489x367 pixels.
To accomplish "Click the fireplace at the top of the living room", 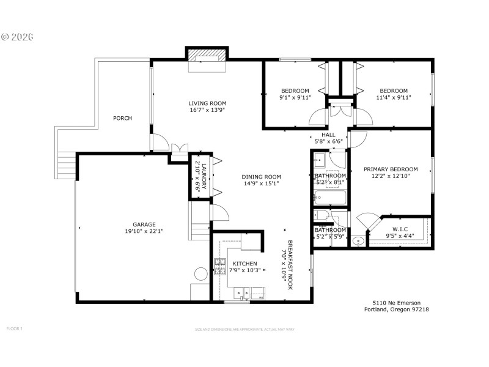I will [205, 56].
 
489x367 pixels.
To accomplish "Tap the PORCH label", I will [122, 118].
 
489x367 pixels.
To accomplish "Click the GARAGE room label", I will [144, 224].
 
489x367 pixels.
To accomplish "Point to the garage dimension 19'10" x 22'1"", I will [144, 231].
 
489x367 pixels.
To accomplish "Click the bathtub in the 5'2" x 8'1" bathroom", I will [329, 198].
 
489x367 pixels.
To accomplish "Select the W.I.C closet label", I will [400, 230].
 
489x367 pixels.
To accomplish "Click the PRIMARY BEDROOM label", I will [391, 169].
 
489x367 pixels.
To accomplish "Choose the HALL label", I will [328, 135].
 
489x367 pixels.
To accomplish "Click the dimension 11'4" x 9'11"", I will [394, 97].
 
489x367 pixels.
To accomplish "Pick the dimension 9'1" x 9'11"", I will [295, 97].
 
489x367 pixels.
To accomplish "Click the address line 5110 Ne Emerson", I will [393, 302].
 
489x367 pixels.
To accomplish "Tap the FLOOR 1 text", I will [14, 328].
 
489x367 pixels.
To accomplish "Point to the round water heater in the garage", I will [200, 273].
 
